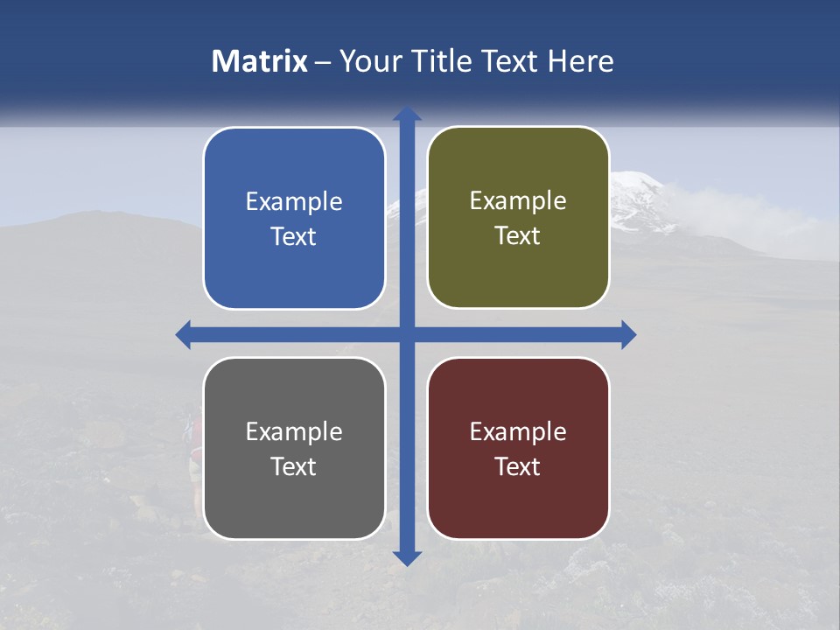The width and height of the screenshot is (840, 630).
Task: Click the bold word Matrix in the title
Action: (260, 61)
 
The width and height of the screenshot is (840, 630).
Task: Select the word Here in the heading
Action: (580, 61)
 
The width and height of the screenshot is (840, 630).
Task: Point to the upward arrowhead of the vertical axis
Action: (407, 114)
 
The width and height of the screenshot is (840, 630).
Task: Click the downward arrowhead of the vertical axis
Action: (407, 557)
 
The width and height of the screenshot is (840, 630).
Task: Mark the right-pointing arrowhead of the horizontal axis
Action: (628, 334)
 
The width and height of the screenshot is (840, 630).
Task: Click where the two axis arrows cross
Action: (407, 334)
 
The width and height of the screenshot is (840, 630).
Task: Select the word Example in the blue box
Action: (294, 202)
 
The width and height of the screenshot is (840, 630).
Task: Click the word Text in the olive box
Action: (518, 236)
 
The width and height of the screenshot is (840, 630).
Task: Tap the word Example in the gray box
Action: (294, 432)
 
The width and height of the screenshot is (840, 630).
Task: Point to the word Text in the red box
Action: (518, 466)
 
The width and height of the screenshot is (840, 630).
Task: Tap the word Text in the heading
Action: (507, 61)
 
